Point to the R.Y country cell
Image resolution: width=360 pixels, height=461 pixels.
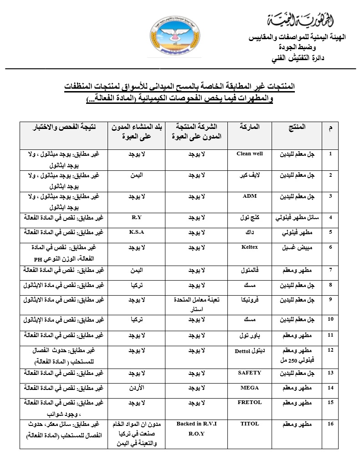[x=137, y=218]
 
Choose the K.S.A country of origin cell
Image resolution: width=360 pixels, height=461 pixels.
[x=137, y=232]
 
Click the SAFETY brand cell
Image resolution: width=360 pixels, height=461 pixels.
[x=250, y=373]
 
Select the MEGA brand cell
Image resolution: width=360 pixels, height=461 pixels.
[x=250, y=388]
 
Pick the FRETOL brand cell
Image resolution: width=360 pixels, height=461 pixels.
[x=250, y=403]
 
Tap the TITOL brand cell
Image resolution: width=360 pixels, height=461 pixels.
[x=250, y=424]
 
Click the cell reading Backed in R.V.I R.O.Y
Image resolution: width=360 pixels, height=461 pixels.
[x=196, y=429]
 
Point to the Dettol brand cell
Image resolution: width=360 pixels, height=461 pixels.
[x=250, y=351]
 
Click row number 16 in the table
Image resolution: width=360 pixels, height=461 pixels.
[x=330, y=424]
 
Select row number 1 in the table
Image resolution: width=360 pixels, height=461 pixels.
[x=330, y=154]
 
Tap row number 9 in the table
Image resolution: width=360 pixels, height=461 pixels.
[x=330, y=300]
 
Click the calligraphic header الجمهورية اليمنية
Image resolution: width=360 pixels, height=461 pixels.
[x=296, y=20]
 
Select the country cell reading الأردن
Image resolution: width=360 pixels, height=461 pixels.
[x=137, y=388]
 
